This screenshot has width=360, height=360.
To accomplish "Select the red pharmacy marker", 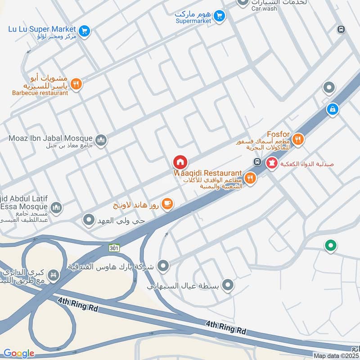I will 271,164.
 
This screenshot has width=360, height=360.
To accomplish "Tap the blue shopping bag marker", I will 332,109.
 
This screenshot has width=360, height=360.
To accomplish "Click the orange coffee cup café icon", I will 167,204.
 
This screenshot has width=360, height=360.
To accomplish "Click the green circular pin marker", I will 331,245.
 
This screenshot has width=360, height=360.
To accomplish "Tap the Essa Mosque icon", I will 56,207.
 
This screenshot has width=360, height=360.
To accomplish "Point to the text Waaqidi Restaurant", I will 208,173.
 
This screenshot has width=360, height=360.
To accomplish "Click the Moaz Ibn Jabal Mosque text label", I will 50,138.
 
